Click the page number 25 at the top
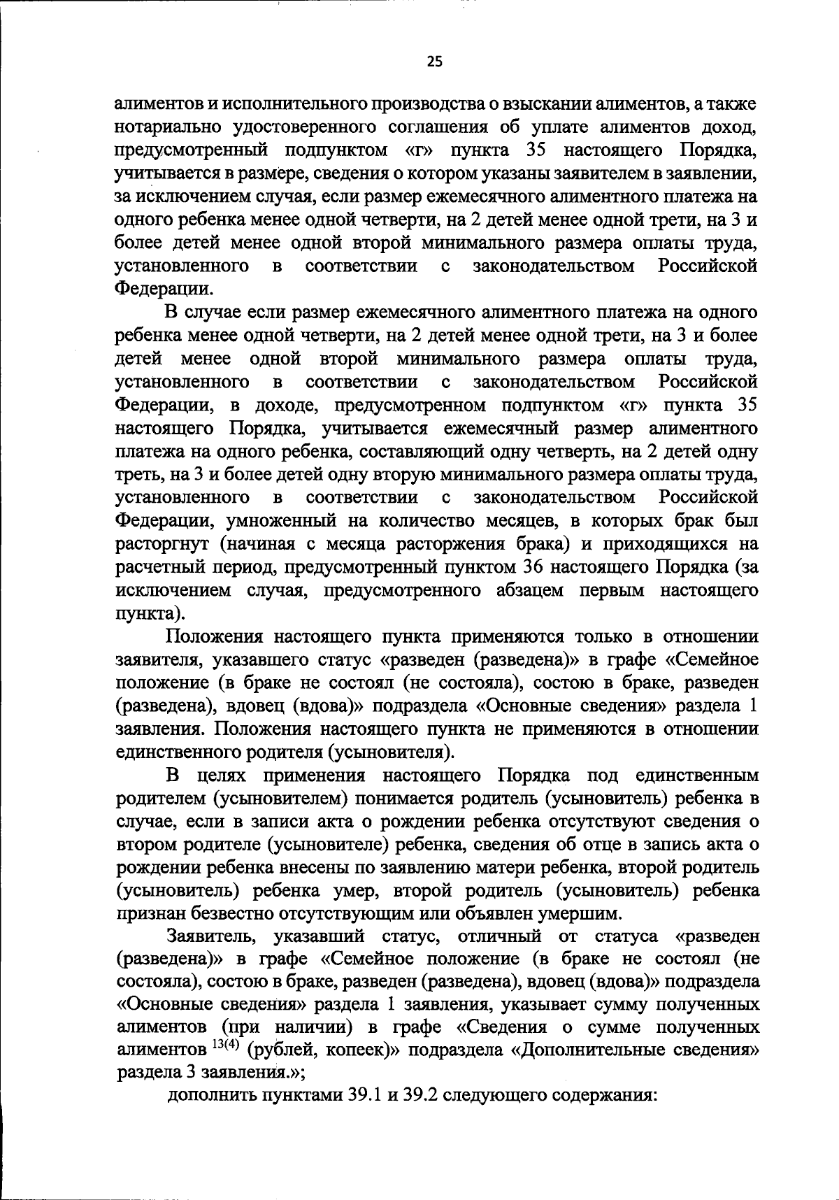(x=434, y=62)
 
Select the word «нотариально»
(x=163, y=127)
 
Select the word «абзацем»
(x=532, y=590)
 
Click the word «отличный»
(x=501, y=937)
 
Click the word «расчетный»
(x=161, y=567)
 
